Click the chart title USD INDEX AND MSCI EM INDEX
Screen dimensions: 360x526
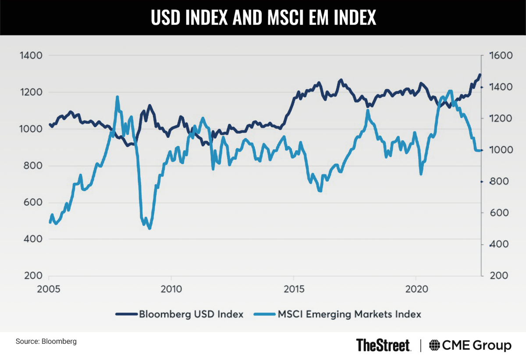[263, 17]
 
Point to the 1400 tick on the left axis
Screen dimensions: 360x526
[29, 56]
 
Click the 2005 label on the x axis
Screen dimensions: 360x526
[49, 290]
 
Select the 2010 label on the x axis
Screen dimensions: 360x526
[171, 290]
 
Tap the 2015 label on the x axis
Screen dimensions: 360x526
[293, 290]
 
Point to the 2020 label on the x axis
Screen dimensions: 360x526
[415, 290]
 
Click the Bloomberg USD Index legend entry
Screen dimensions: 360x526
[179, 314]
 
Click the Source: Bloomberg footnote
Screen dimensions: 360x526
[46, 341]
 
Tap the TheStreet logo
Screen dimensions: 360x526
[383, 345]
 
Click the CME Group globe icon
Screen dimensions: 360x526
[435, 345]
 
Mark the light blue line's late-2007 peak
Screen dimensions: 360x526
[117, 96]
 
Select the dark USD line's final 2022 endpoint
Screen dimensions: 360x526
[480, 75]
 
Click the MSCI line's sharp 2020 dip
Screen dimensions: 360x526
[421, 174]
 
